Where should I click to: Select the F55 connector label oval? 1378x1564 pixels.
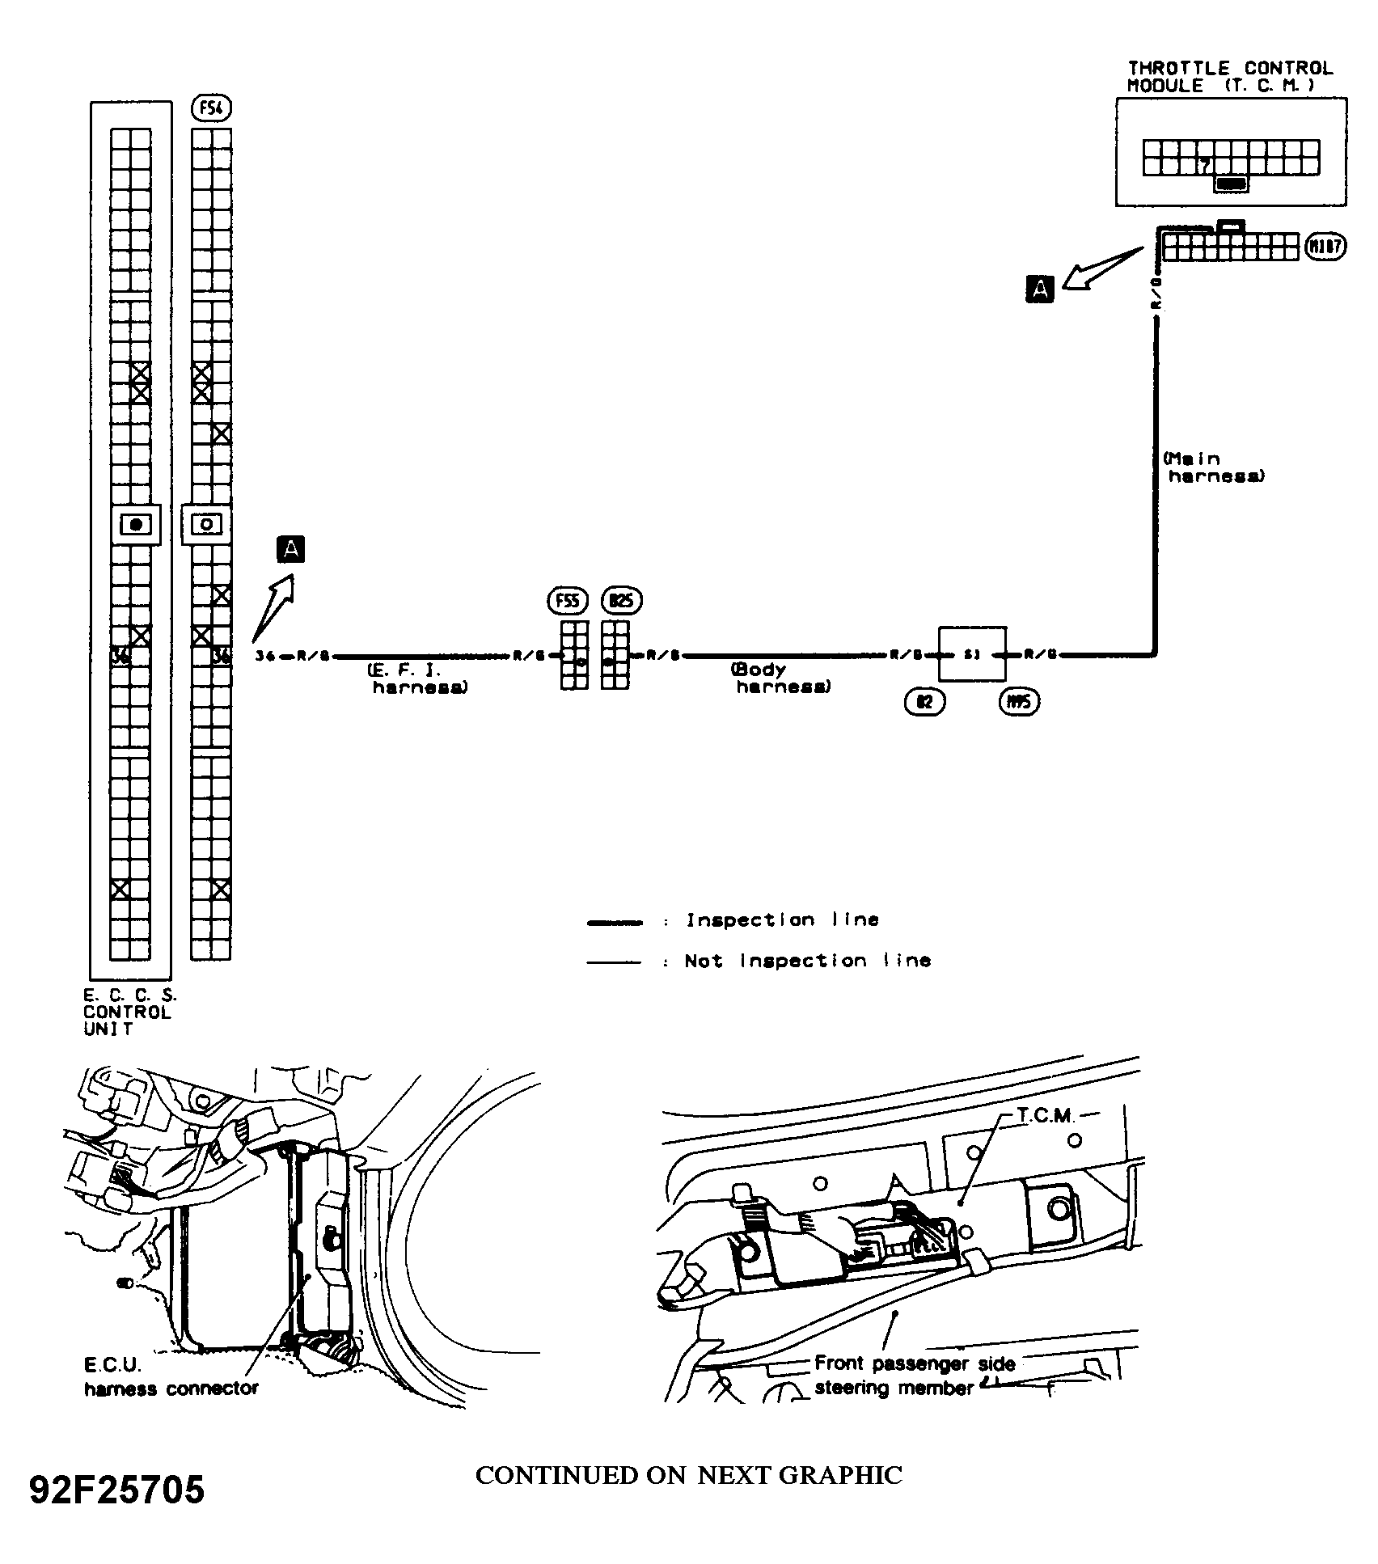(x=569, y=602)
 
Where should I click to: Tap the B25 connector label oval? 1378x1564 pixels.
(x=622, y=602)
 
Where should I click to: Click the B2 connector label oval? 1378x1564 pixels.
(x=924, y=703)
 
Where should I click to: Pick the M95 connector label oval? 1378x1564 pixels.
(x=1019, y=703)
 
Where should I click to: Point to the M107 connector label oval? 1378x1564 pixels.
(x=1325, y=247)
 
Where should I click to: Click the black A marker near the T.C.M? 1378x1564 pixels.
(x=1040, y=289)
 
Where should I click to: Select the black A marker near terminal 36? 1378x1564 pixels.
(x=290, y=549)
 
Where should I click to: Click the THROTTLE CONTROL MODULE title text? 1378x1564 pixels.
(x=1230, y=77)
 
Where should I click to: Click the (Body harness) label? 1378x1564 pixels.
(x=781, y=678)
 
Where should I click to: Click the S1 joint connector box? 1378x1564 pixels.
(x=972, y=654)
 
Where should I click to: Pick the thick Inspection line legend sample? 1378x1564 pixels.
(x=615, y=921)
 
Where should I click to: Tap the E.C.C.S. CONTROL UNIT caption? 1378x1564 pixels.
(x=129, y=1012)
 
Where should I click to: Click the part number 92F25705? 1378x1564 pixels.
(x=117, y=1490)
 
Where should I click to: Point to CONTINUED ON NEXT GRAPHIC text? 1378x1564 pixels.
(x=688, y=1475)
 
